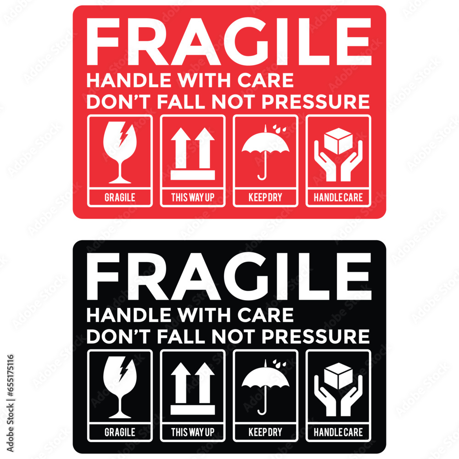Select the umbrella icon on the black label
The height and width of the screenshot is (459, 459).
pos(266,387)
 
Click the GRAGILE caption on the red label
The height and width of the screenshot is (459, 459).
pos(120,198)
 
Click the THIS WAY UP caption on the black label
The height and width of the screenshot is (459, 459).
pos(193,432)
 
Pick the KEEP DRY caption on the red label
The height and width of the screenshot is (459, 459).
pos(265,198)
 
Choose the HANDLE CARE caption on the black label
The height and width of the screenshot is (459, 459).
pos(338,432)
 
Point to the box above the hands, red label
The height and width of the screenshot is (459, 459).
pos(338,141)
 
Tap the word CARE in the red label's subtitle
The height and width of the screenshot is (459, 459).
pos(271,81)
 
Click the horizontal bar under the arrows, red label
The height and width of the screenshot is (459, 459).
pos(193,175)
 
